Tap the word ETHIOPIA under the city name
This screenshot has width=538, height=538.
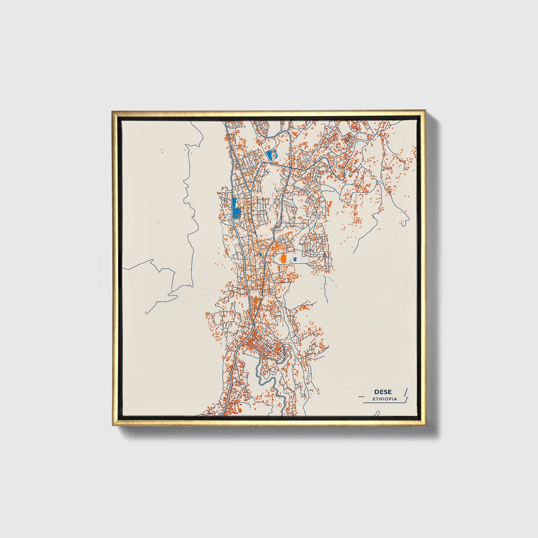click(385, 399)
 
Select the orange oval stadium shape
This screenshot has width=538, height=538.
click(283, 258)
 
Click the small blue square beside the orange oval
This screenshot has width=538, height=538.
click(295, 259)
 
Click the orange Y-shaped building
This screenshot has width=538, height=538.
click(247, 277)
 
